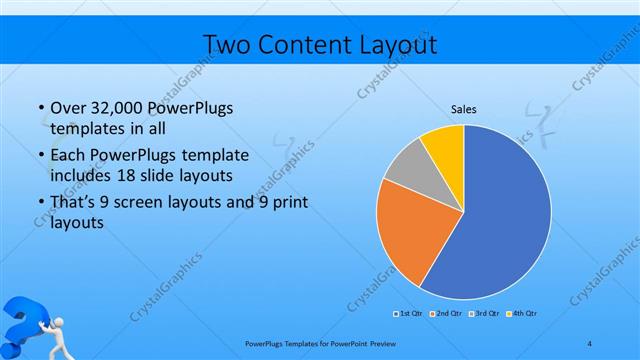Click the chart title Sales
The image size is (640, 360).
tap(463, 110)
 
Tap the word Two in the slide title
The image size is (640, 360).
tap(229, 45)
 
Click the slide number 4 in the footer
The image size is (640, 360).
tap(590, 344)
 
